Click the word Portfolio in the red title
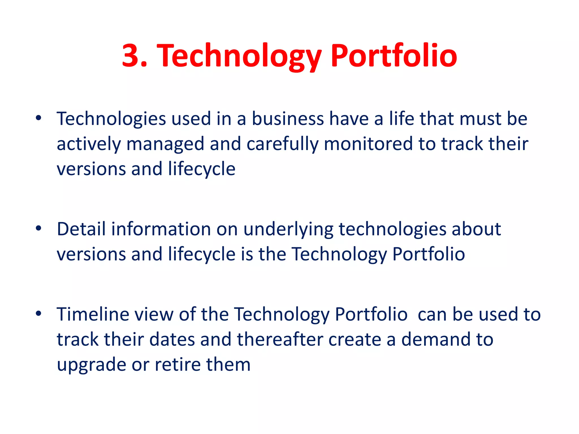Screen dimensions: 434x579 click(x=394, y=56)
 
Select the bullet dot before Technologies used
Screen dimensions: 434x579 click(x=39, y=118)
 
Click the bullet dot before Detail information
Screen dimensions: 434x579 click(x=39, y=228)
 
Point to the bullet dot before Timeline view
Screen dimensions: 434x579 click(x=39, y=313)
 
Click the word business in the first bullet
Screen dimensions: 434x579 click(x=288, y=119)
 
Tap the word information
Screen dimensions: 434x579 click(x=161, y=229)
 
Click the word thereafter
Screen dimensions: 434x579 click(x=280, y=339)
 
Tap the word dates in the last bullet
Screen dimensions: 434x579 click(x=172, y=339)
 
